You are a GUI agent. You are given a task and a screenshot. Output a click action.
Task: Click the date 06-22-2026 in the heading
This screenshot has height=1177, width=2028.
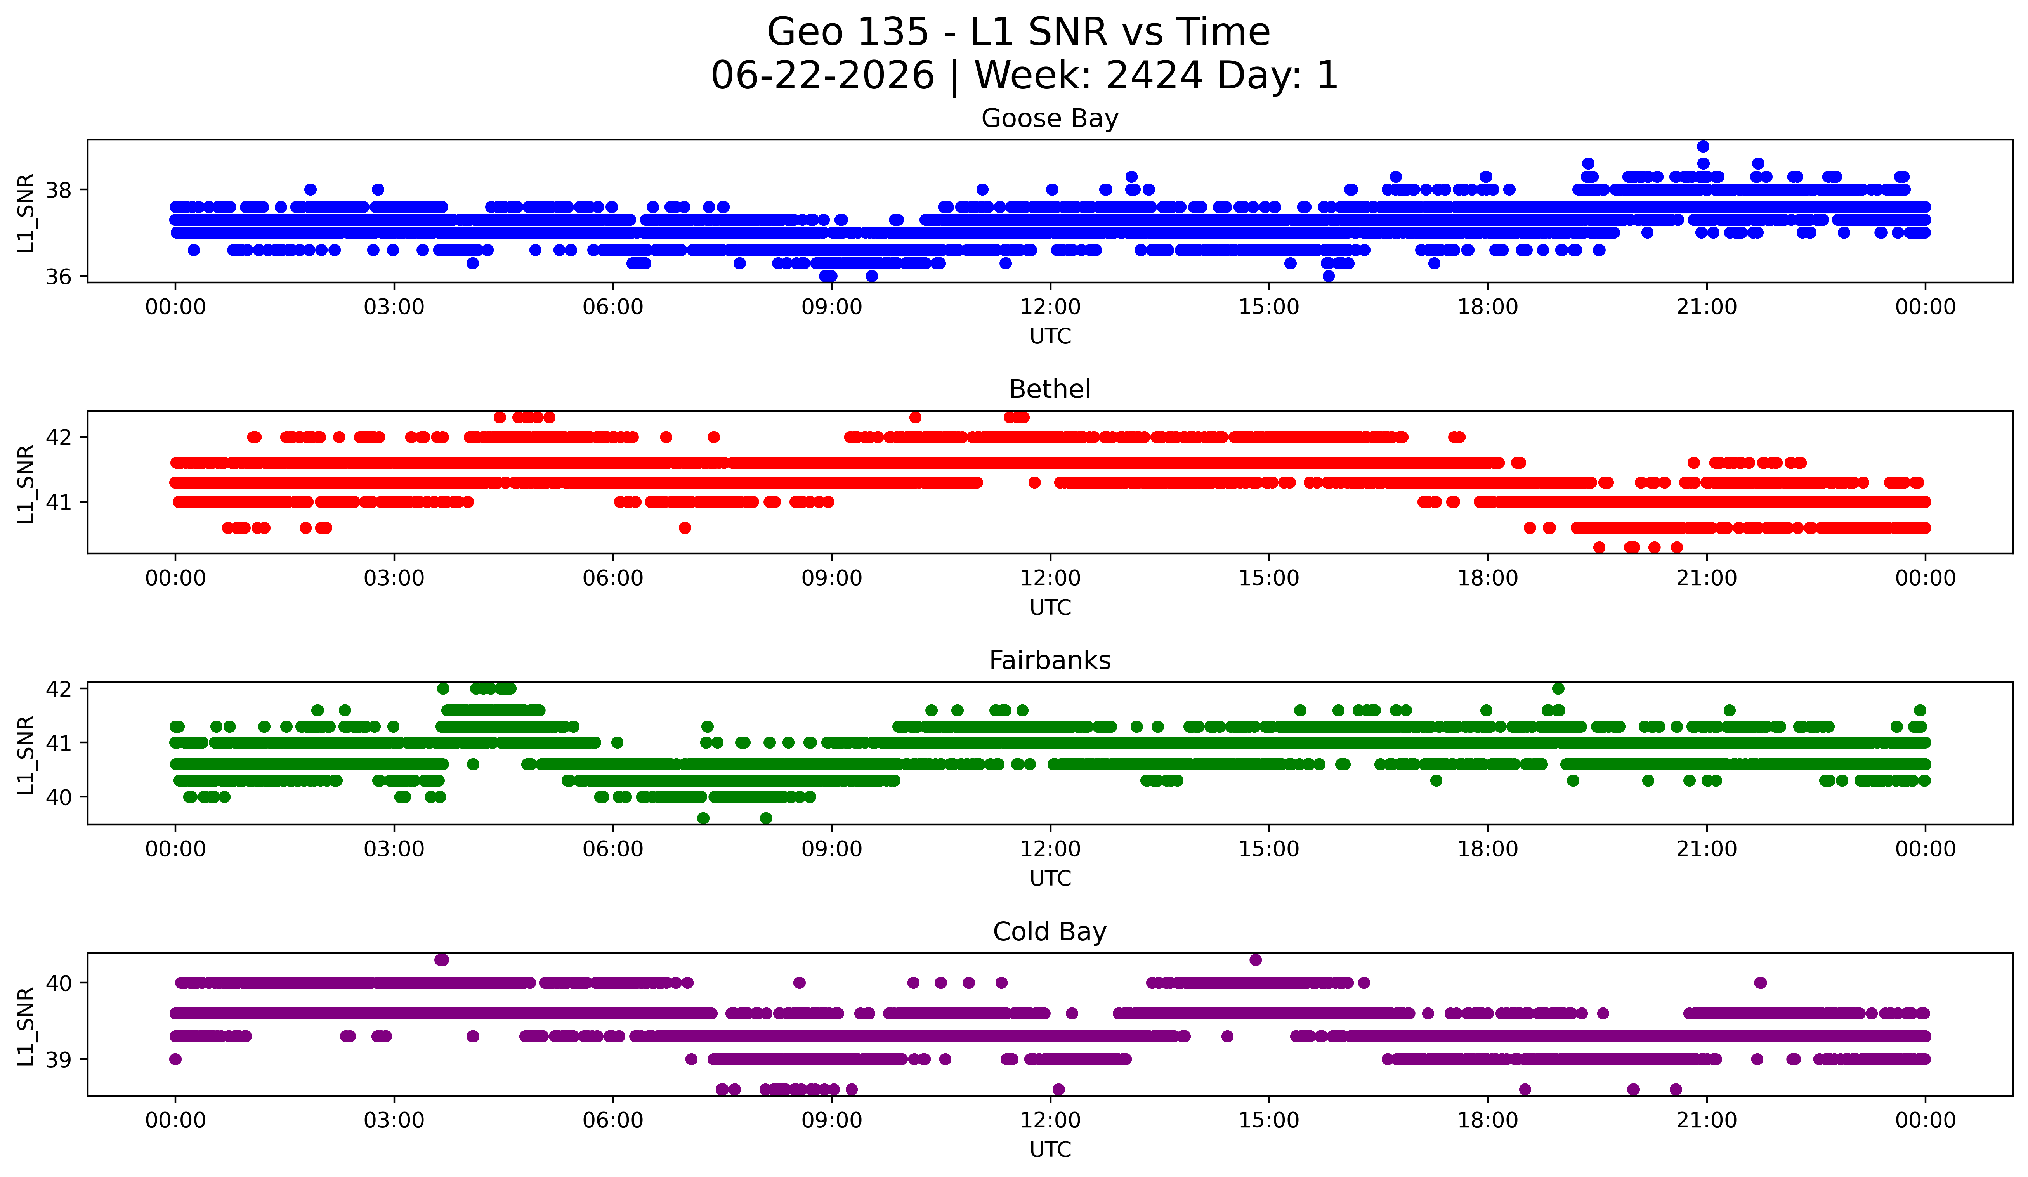[x=822, y=76]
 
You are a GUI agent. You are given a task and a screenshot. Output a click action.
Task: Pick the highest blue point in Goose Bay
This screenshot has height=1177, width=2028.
[x=1703, y=146]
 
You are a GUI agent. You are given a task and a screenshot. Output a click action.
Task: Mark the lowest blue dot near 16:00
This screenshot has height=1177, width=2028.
[x=1329, y=276]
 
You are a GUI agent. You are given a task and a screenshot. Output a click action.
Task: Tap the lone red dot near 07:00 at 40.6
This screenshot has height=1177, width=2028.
[x=685, y=528]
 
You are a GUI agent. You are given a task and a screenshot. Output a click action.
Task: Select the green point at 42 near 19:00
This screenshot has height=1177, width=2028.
[x=1558, y=689]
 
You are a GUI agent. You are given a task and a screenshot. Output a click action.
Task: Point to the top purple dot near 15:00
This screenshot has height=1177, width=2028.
[x=1256, y=960]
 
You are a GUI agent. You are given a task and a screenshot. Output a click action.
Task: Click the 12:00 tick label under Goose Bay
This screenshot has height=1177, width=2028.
[x=1050, y=307]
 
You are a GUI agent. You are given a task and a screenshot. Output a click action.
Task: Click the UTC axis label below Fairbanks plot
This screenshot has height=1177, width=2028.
[x=1050, y=879]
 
